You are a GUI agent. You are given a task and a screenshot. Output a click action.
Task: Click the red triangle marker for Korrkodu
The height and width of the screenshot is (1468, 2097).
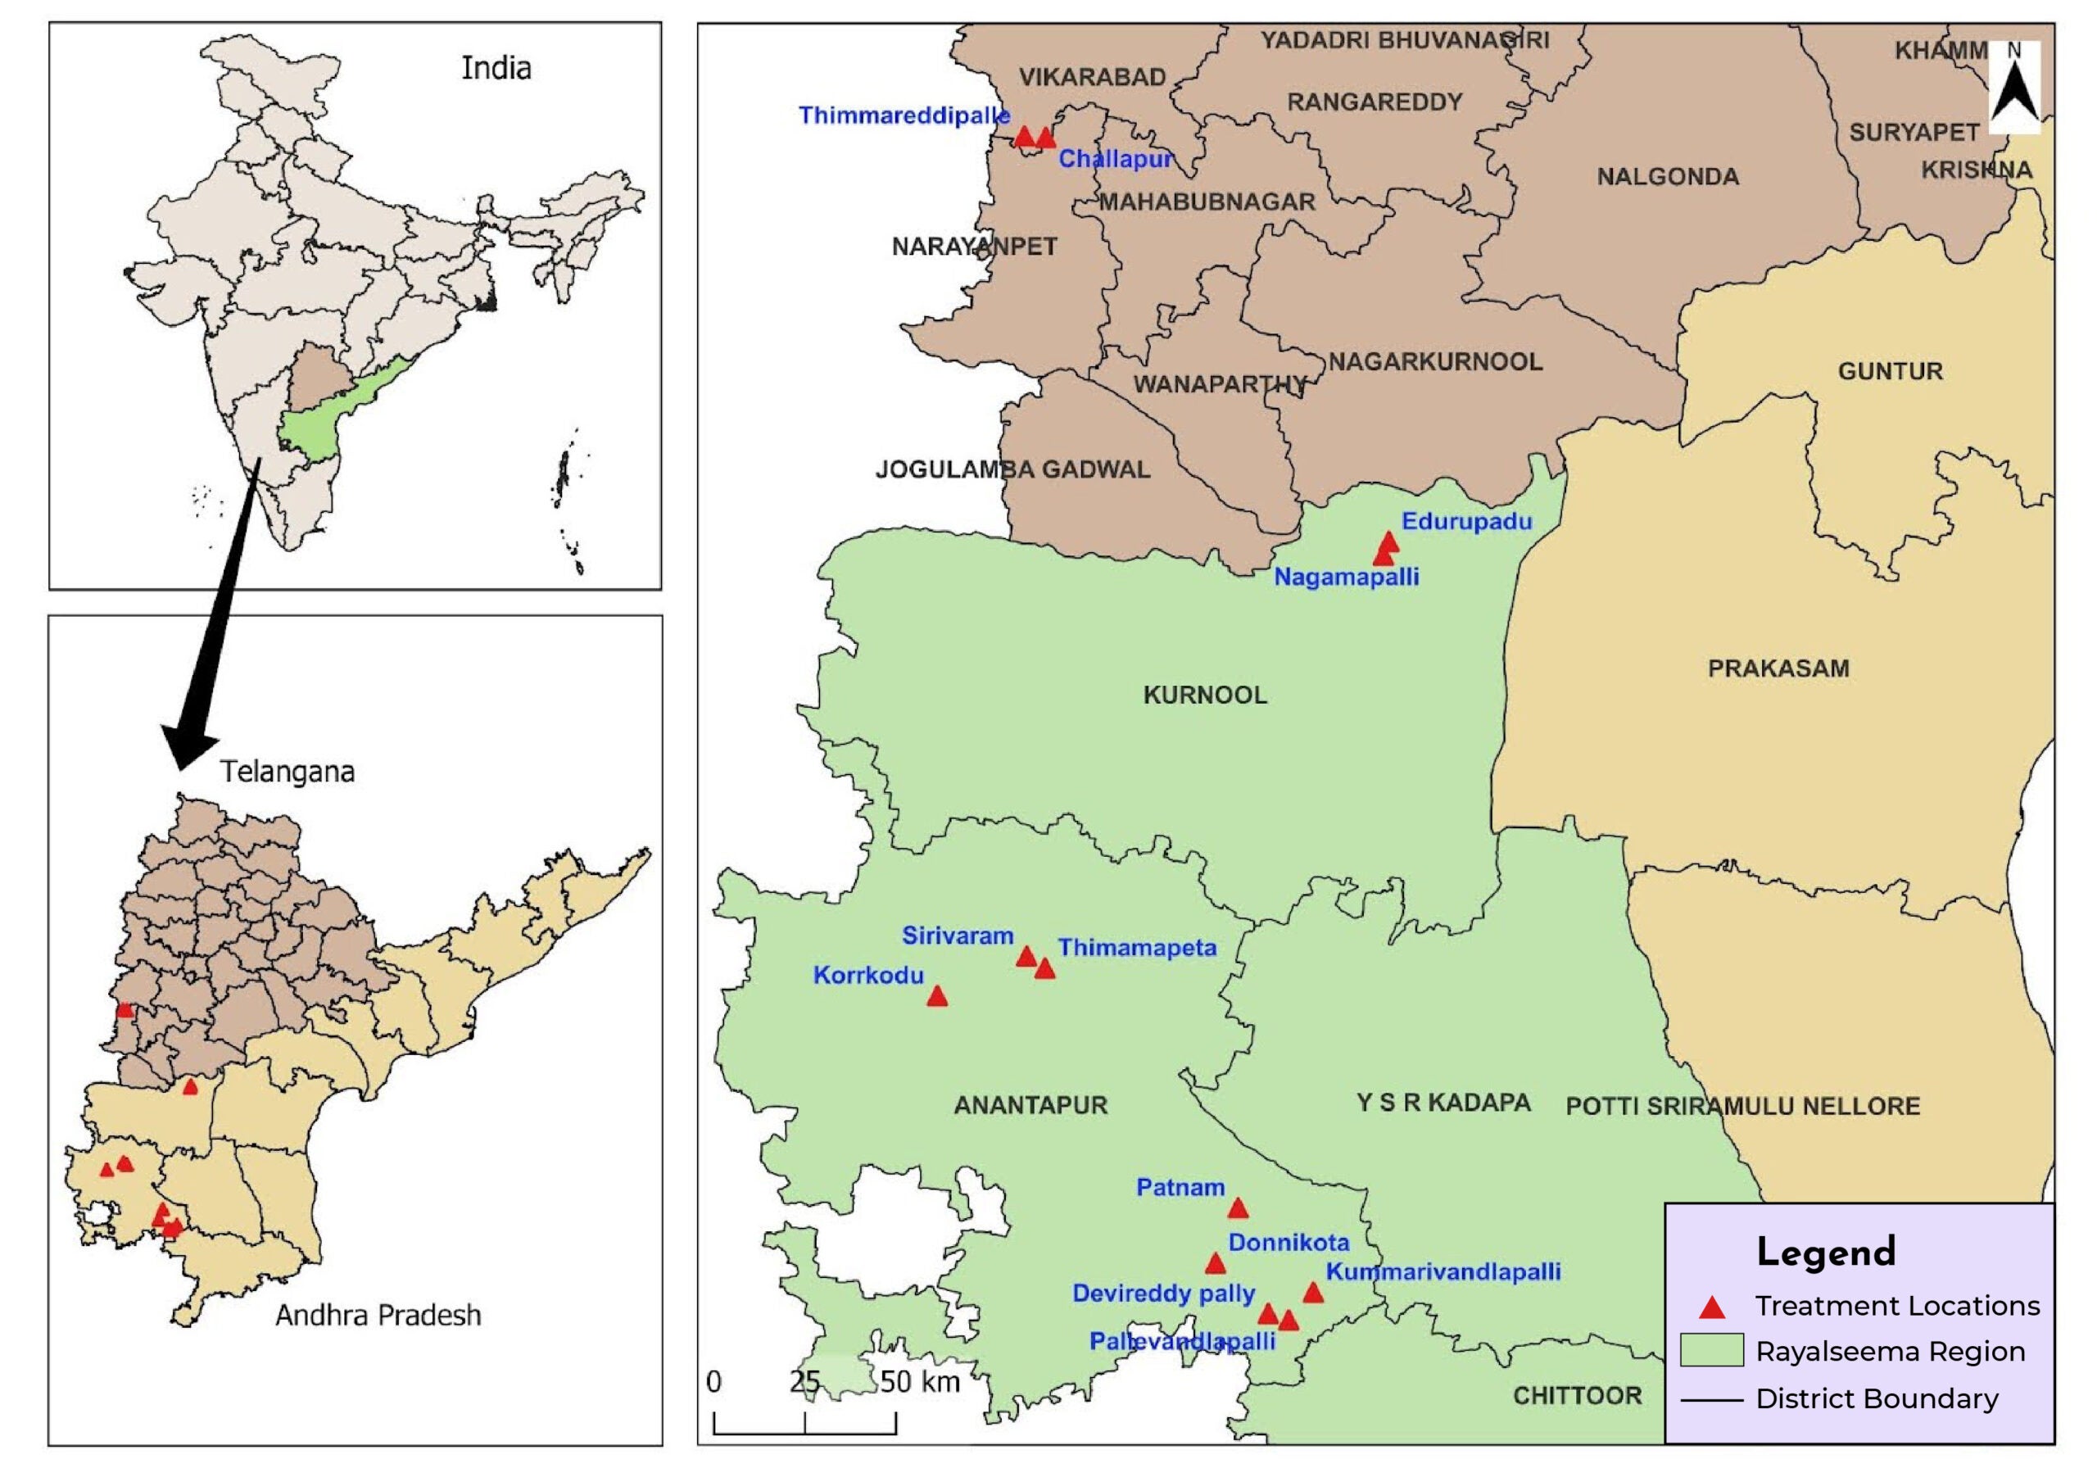[x=937, y=997]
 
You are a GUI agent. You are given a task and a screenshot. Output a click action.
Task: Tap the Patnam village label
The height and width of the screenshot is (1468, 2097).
[x=1180, y=1188]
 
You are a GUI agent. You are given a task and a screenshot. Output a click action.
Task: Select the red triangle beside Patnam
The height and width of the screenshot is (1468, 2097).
[x=1238, y=1208]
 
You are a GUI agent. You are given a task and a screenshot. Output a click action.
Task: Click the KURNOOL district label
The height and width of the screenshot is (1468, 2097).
[x=1205, y=695]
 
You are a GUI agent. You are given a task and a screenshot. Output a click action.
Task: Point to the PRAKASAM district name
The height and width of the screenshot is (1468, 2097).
[x=1778, y=668]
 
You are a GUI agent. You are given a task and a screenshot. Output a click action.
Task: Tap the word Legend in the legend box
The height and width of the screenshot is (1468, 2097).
[x=1826, y=1253]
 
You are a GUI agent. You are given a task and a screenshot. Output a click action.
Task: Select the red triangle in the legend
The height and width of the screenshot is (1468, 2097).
[x=1711, y=1308]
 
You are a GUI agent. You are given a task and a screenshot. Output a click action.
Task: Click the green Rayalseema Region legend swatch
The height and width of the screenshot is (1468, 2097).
[x=1711, y=1350]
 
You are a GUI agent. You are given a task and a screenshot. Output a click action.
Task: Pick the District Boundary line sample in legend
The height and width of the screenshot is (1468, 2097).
[x=1711, y=1399]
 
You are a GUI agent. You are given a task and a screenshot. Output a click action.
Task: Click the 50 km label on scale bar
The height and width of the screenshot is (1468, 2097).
[x=920, y=1382]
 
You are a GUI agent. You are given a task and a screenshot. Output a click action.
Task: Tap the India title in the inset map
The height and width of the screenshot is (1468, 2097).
[x=496, y=69]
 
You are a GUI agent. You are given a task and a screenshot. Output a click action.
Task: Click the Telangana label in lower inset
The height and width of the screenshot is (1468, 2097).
[x=287, y=772]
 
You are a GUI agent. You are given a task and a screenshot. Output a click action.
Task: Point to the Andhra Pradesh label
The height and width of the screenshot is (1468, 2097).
[x=378, y=1316]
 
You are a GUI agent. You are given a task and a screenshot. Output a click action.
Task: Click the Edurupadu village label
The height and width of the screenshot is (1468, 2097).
[x=1467, y=522]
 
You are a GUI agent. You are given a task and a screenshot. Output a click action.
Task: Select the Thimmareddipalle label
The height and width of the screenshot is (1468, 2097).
[x=904, y=116]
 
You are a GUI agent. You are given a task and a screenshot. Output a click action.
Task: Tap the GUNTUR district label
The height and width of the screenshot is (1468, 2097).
[x=1890, y=372]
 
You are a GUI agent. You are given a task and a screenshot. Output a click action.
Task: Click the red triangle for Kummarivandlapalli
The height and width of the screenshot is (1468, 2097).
[x=1312, y=1293]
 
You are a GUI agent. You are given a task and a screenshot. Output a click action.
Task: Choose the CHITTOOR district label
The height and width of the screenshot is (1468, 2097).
[x=1578, y=1396]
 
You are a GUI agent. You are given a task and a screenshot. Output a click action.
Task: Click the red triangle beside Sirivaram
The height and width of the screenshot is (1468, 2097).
[x=1026, y=957]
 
